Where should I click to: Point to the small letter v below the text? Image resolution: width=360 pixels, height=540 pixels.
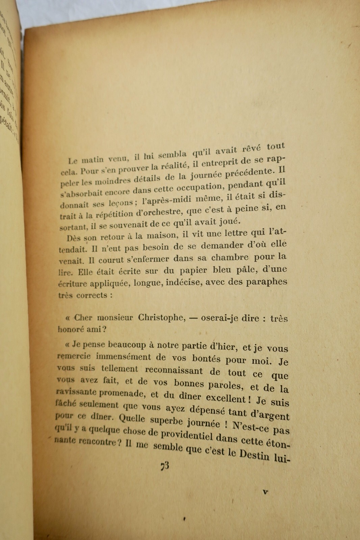[265, 492]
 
